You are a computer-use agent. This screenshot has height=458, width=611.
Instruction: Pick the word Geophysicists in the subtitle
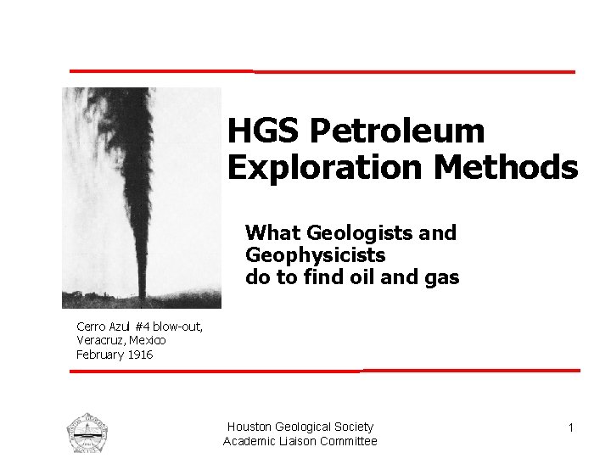(315, 254)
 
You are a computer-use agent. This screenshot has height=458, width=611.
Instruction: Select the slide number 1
(571, 428)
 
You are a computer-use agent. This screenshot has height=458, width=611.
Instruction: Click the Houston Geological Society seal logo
(88, 433)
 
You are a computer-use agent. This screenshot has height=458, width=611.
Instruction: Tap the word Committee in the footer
(345, 441)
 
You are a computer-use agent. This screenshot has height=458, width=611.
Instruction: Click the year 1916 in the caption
(140, 355)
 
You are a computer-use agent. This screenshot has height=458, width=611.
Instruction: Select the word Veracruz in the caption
(100, 340)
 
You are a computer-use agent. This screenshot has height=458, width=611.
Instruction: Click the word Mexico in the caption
(147, 340)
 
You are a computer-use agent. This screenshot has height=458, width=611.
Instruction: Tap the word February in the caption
(100, 355)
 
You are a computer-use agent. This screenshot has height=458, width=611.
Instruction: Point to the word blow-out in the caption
(177, 326)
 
